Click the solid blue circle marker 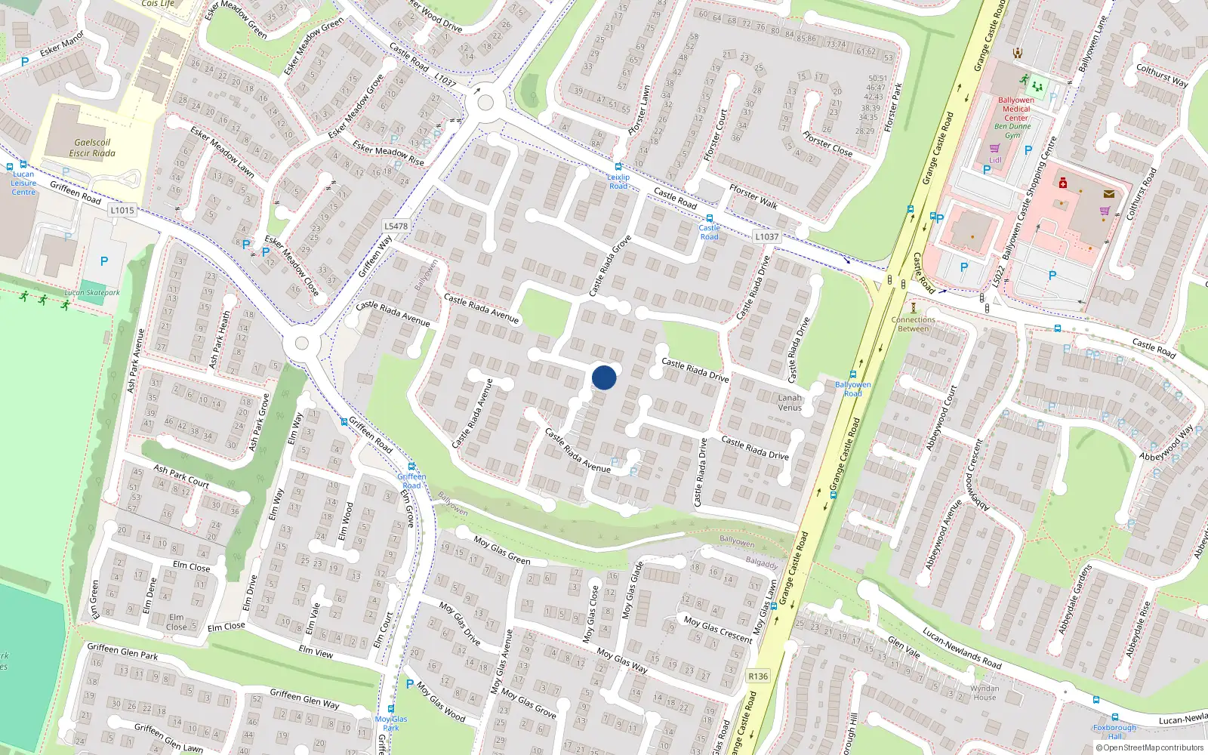(x=604, y=377)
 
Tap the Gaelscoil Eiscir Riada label (x=92, y=147)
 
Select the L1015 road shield (x=122, y=210)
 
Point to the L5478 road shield (x=396, y=226)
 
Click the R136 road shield (x=758, y=676)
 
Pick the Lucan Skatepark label (x=92, y=292)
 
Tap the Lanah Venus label (x=790, y=402)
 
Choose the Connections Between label (x=913, y=324)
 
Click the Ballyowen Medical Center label (x=1016, y=109)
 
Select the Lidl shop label (x=995, y=160)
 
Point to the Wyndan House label (x=985, y=692)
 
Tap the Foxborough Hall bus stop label (x=1114, y=731)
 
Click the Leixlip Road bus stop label (x=618, y=181)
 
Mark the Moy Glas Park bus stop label (x=391, y=723)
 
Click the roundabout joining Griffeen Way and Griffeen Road (x=301, y=344)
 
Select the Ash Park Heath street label (x=220, y=340)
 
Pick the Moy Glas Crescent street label (x=718, y=629)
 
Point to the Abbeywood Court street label (x=941, y=418)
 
